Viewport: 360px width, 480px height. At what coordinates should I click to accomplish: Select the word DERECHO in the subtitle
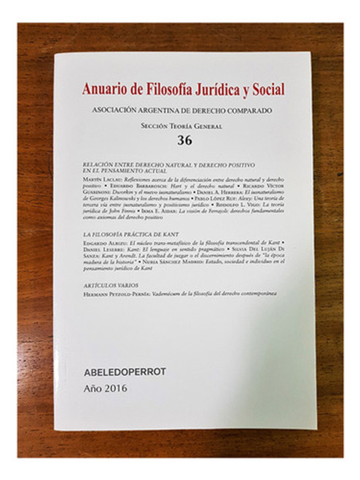pyautogui.click(x=208, y=110)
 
